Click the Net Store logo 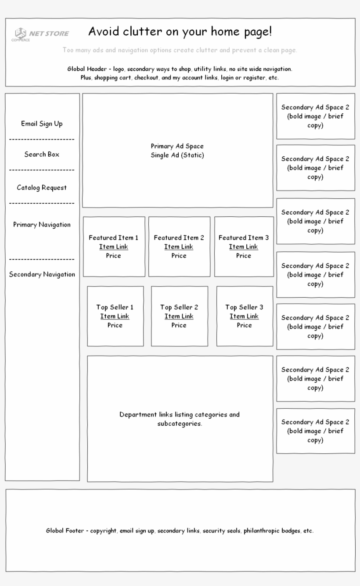[x=41, y=34]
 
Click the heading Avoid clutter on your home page [x=180, y=32]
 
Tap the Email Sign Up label [x=42, y=124]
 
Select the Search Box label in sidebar [x=42, y=155]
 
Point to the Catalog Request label [x=42, y=188]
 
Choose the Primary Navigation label [x=42, y=225]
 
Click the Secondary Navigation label [x=42, y=275]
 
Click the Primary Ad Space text [x=177, y=146]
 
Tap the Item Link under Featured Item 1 [x=113, y=247]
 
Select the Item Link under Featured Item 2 [x=179, y=247]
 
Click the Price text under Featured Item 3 [x=244, y=255]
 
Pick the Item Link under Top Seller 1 [x=115, y=316]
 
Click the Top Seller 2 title [x=179, y=307]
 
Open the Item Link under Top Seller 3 [x=244, y=316]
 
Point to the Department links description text [x=180, y=419]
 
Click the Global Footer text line [x=180, y=531]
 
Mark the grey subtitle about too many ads [x=180, y=50]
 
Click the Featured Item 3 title [x=244, y=238]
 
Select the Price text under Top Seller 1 [x=115, y=325]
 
